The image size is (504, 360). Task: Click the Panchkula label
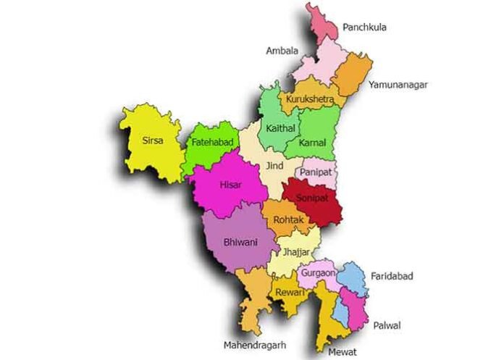coord(364,28)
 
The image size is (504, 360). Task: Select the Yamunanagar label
coord(398,85)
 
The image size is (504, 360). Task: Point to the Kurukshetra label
coord(309,99)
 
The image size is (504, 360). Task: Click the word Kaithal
coord(280,128)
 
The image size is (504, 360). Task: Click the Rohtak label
coord(288,219)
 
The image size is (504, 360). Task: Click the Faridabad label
coord(392,277)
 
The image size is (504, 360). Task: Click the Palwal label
coord(388,326)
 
